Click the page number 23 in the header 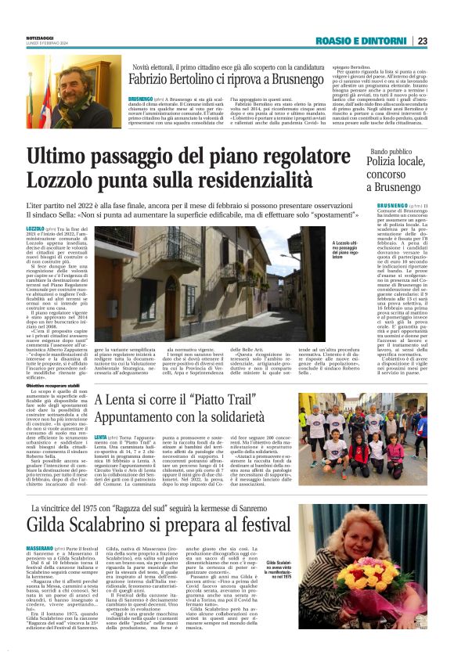423,41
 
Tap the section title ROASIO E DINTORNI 363,41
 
